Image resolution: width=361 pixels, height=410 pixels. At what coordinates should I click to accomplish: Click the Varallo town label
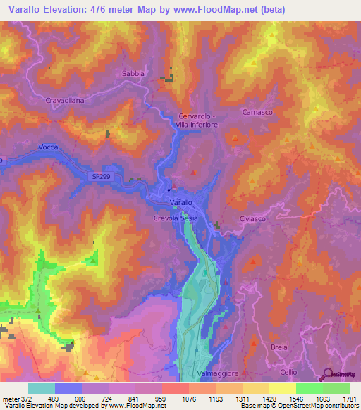click(181, 202)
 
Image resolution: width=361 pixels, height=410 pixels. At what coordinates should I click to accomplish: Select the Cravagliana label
click(66, 101)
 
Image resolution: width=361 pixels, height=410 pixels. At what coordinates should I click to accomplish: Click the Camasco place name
click(257, 112)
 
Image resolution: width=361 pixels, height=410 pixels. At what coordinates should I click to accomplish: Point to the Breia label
click(279, 348)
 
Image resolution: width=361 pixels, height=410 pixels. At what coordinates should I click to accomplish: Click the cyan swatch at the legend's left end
click(42, 388)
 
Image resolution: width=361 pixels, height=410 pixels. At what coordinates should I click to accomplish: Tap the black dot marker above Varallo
click(169, 190)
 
